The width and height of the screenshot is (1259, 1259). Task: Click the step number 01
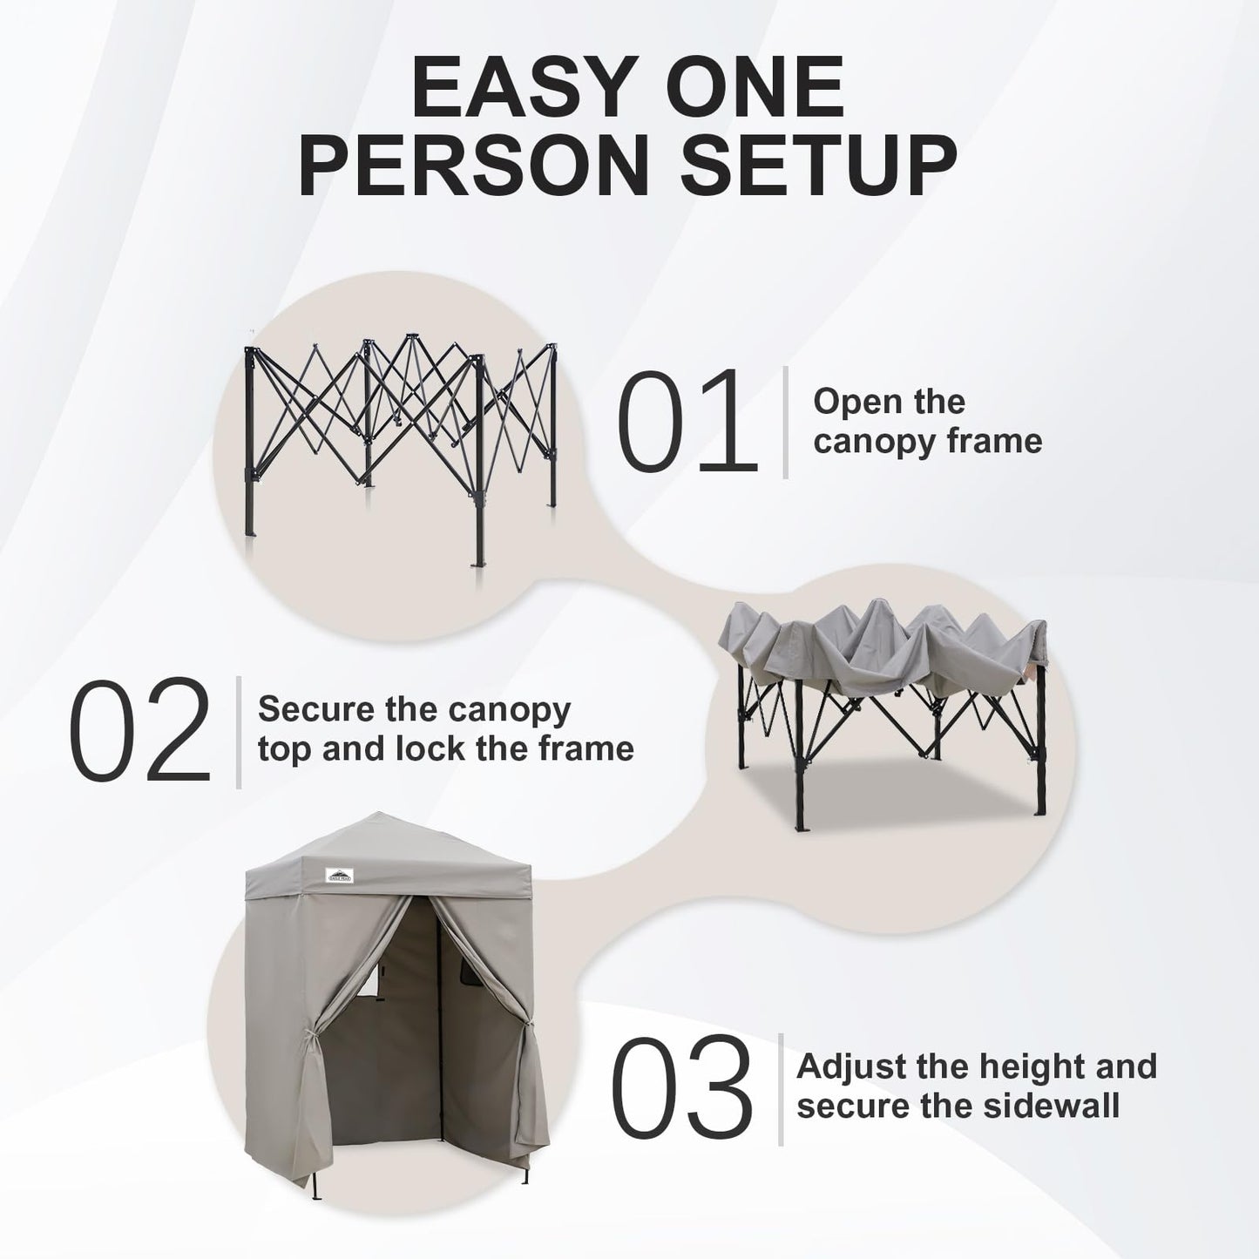click(684, 422)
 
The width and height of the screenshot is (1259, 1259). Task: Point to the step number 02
click(140, 731)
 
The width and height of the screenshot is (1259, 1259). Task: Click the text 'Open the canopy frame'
click(927, 422)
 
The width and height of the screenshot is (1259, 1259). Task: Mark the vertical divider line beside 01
click(786, 422)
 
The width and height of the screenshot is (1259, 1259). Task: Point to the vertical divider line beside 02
click(239, 731)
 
